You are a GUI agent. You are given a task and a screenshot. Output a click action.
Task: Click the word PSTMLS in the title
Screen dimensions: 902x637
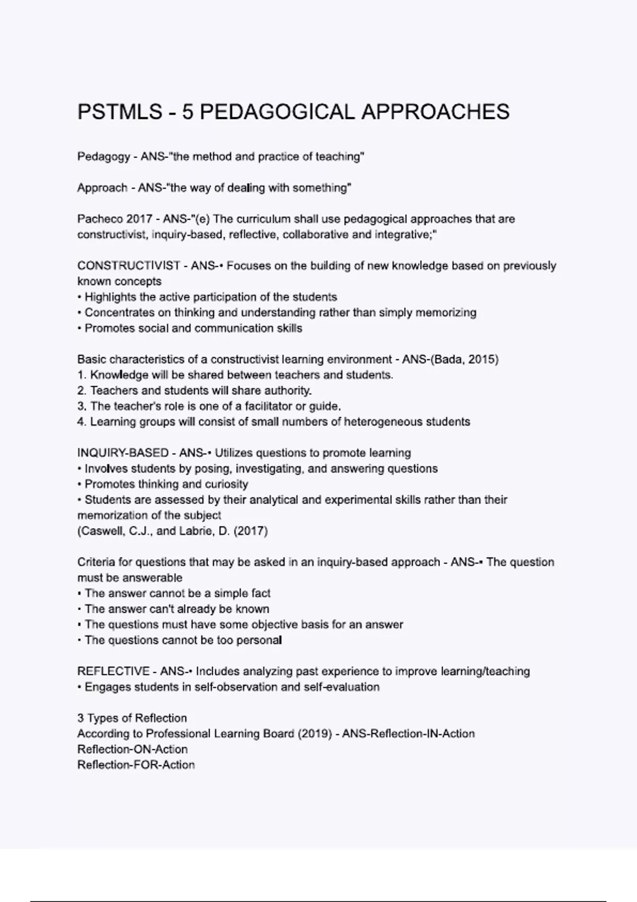(120, 112)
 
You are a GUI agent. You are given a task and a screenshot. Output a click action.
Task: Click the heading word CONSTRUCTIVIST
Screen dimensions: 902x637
(128, 266)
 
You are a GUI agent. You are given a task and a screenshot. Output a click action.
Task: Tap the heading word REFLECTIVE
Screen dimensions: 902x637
(113, 672)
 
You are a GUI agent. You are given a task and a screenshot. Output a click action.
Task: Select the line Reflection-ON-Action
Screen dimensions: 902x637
(132, 750)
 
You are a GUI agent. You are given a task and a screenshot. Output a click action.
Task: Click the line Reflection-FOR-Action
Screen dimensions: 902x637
(136, 765)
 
